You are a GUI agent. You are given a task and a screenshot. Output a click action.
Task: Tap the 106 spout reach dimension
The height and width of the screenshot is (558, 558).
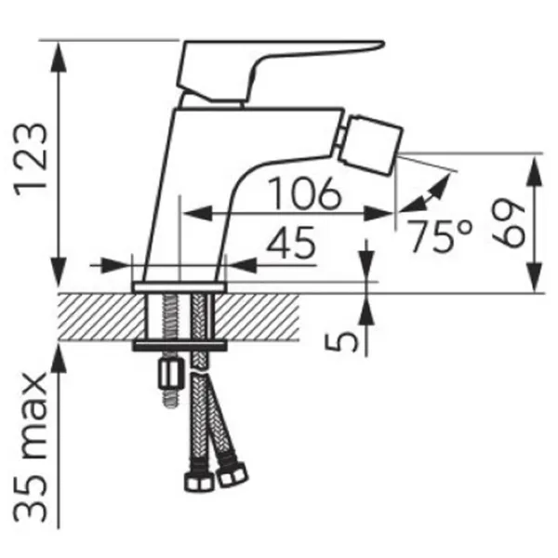[x=305, y=193]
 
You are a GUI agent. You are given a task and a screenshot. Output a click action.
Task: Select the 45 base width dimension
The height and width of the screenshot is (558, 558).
[x=291, y=243]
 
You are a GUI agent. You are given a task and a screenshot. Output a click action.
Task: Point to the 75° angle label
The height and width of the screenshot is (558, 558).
[x=440, y=235]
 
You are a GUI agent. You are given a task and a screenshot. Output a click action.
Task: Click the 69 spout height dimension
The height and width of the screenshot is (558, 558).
[x=509, y=223]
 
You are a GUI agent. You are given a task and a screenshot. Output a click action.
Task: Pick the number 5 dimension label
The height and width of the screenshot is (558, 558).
[x=341, y=339]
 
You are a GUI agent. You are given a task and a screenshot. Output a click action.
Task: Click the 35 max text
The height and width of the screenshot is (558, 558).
[x=31, y=447]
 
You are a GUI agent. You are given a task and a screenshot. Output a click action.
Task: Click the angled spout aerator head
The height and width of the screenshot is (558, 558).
[x=370, y=145]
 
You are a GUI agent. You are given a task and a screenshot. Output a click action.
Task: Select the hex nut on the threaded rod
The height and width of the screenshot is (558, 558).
[x=171, y=373]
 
